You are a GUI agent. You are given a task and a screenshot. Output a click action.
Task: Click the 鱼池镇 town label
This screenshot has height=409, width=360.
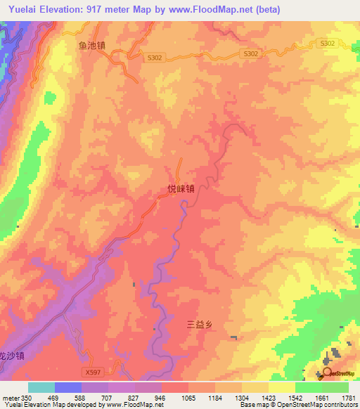(x=91, y=44)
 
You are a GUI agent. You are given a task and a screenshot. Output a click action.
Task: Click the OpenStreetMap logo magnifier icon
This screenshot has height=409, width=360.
(x=327, y=372)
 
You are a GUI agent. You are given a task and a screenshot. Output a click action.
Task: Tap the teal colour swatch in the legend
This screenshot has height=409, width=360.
(x=41, y=387)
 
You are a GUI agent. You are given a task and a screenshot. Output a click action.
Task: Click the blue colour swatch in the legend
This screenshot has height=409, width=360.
(x=67, y=387)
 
